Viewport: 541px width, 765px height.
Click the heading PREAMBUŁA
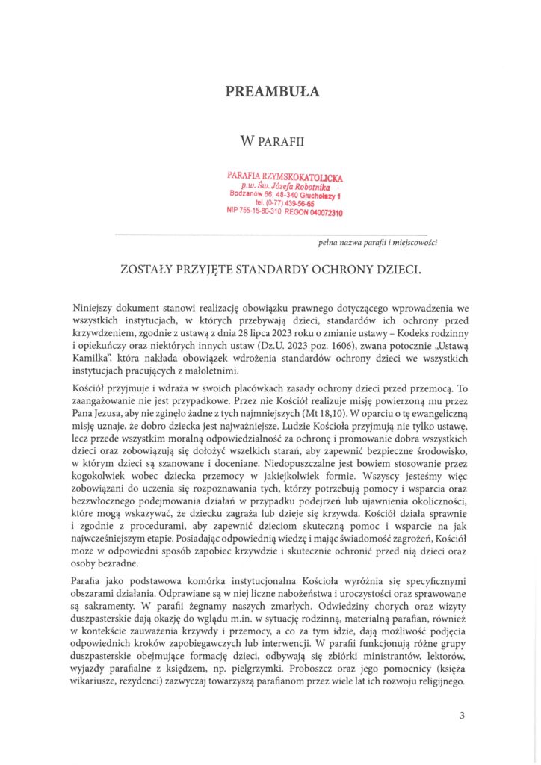point(273,92)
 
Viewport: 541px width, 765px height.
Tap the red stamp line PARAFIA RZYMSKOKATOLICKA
point(285,176)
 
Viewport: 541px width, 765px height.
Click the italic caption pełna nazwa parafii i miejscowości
point(377,242)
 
